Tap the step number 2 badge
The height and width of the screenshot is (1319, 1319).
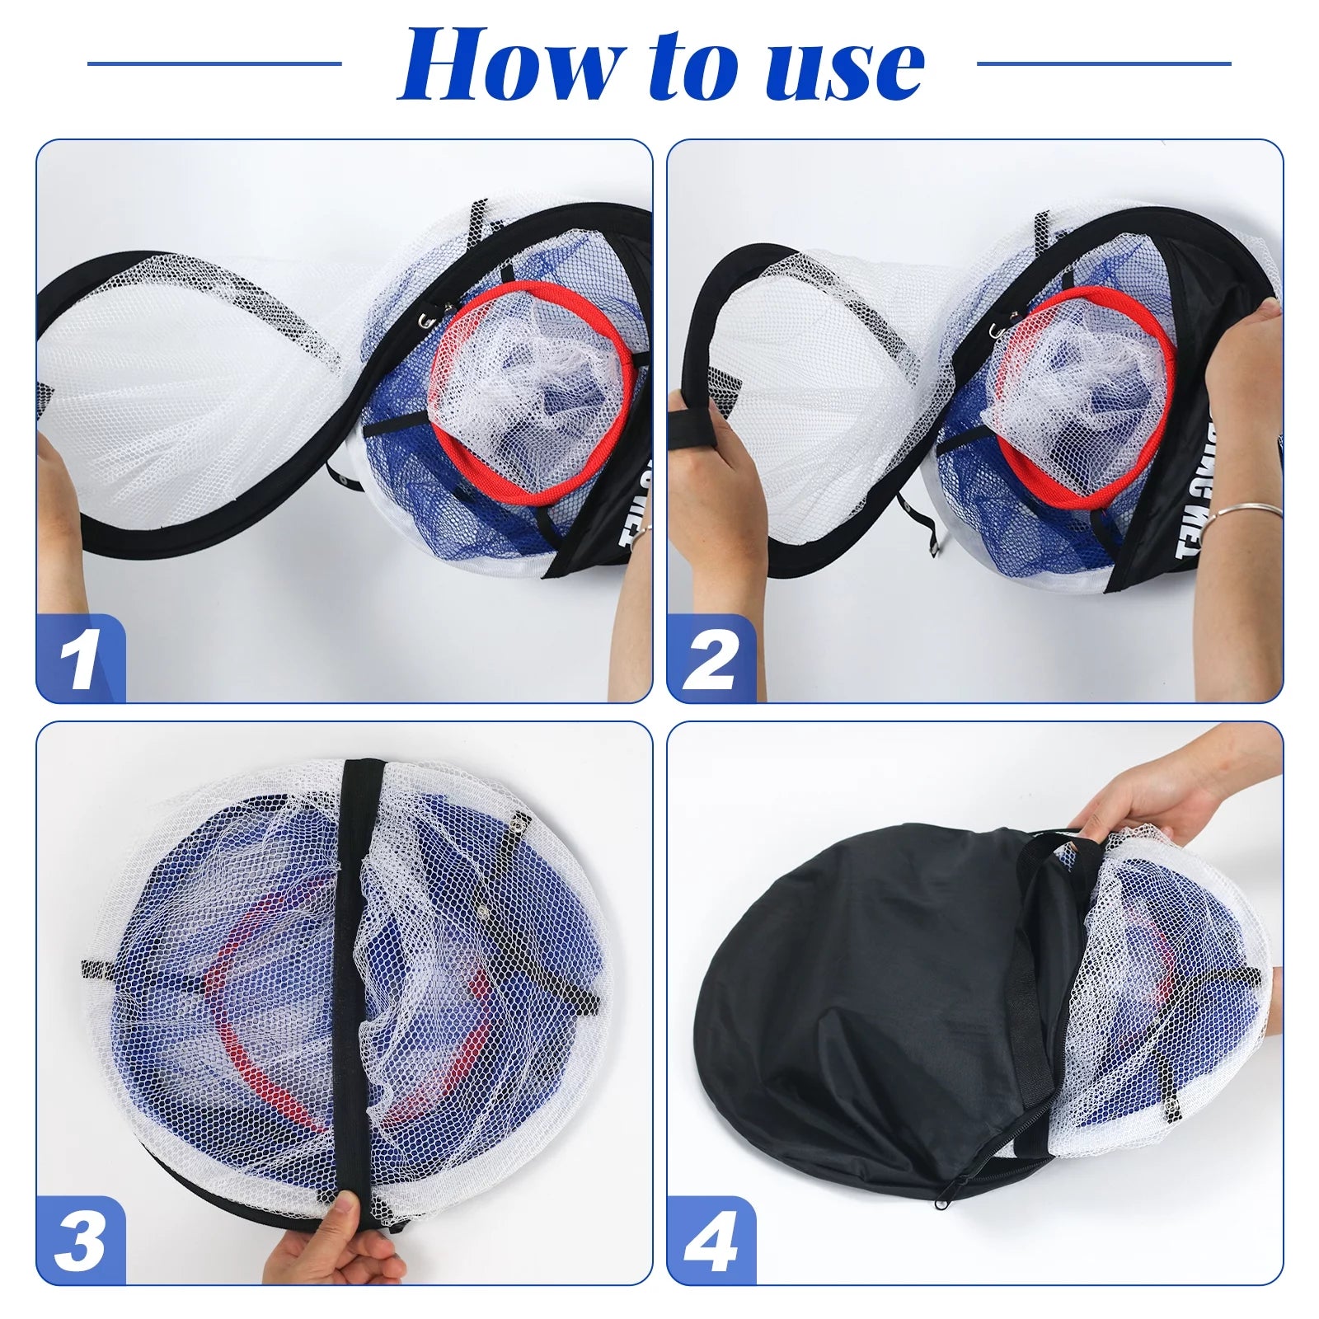tap(711, 659)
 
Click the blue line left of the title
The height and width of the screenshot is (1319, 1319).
tap(214, 63)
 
